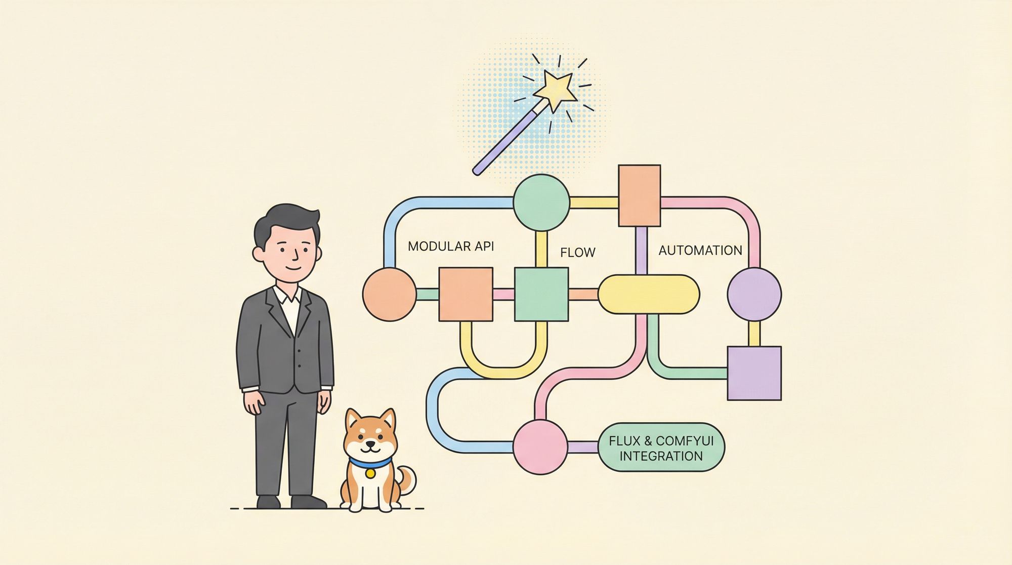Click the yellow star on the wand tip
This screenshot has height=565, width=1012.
[x=555, y=90]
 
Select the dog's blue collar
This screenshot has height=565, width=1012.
[x=370, y=462]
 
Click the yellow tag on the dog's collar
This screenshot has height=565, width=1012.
[x=370, y=473]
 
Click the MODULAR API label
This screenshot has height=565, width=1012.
[x=451, y=247]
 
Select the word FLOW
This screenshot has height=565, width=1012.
[x=578, y=252]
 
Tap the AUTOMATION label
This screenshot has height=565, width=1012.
[x=700, y=250]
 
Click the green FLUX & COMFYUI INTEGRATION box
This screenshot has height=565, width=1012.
[x=661, y=448]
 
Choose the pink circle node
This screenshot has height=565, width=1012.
[x=540, y=447]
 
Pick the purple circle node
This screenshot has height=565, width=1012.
[x=754, y=294]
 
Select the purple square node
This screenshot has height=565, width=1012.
[x=754, y=373]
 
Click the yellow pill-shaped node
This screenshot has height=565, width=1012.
[x=649, y=294]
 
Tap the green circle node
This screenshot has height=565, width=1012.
[x=541, y=203]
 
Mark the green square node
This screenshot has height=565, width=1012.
[x=541, y=294]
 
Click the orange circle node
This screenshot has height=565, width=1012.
[x=390, y=294]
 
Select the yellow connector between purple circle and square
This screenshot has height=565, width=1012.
[x=754, y=334]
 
